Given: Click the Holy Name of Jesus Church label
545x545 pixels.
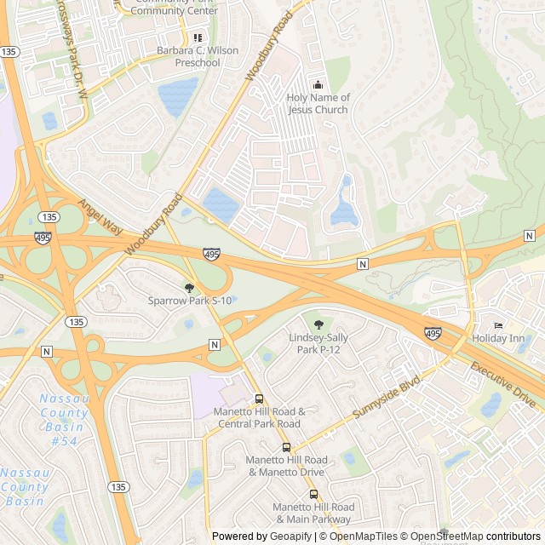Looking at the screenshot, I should pyautogui.click(x=318, y=104).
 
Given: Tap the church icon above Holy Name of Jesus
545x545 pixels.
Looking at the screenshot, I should pyautogui.click(x=318, y=84).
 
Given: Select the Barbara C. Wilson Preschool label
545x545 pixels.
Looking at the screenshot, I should pyautogui.click(x=198, y=57).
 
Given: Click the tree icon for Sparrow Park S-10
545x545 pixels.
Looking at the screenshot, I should pyautogui.click(x=189, y=288).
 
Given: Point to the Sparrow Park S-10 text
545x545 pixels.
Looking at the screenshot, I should pyautogui.click(x=189, y=301).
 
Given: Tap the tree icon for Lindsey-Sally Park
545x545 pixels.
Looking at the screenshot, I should pyautogui.click(x=318, y=324).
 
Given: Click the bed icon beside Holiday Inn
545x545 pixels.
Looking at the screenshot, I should pyautogui.click(x=499, y=325).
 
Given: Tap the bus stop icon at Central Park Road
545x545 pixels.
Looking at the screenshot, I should pyautogui.click(x=259, y=399).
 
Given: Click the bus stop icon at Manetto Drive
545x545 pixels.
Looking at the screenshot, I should pyautogui.click(x=286, y=447).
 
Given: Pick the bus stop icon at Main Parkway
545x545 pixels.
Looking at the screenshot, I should pyautogui.click(x=313, y=494).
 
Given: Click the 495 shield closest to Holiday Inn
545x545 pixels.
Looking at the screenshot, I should pyautogui.click(x=433, y=334).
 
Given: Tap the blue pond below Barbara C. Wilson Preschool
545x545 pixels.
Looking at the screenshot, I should pyautogui.click(x=177, y=96).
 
